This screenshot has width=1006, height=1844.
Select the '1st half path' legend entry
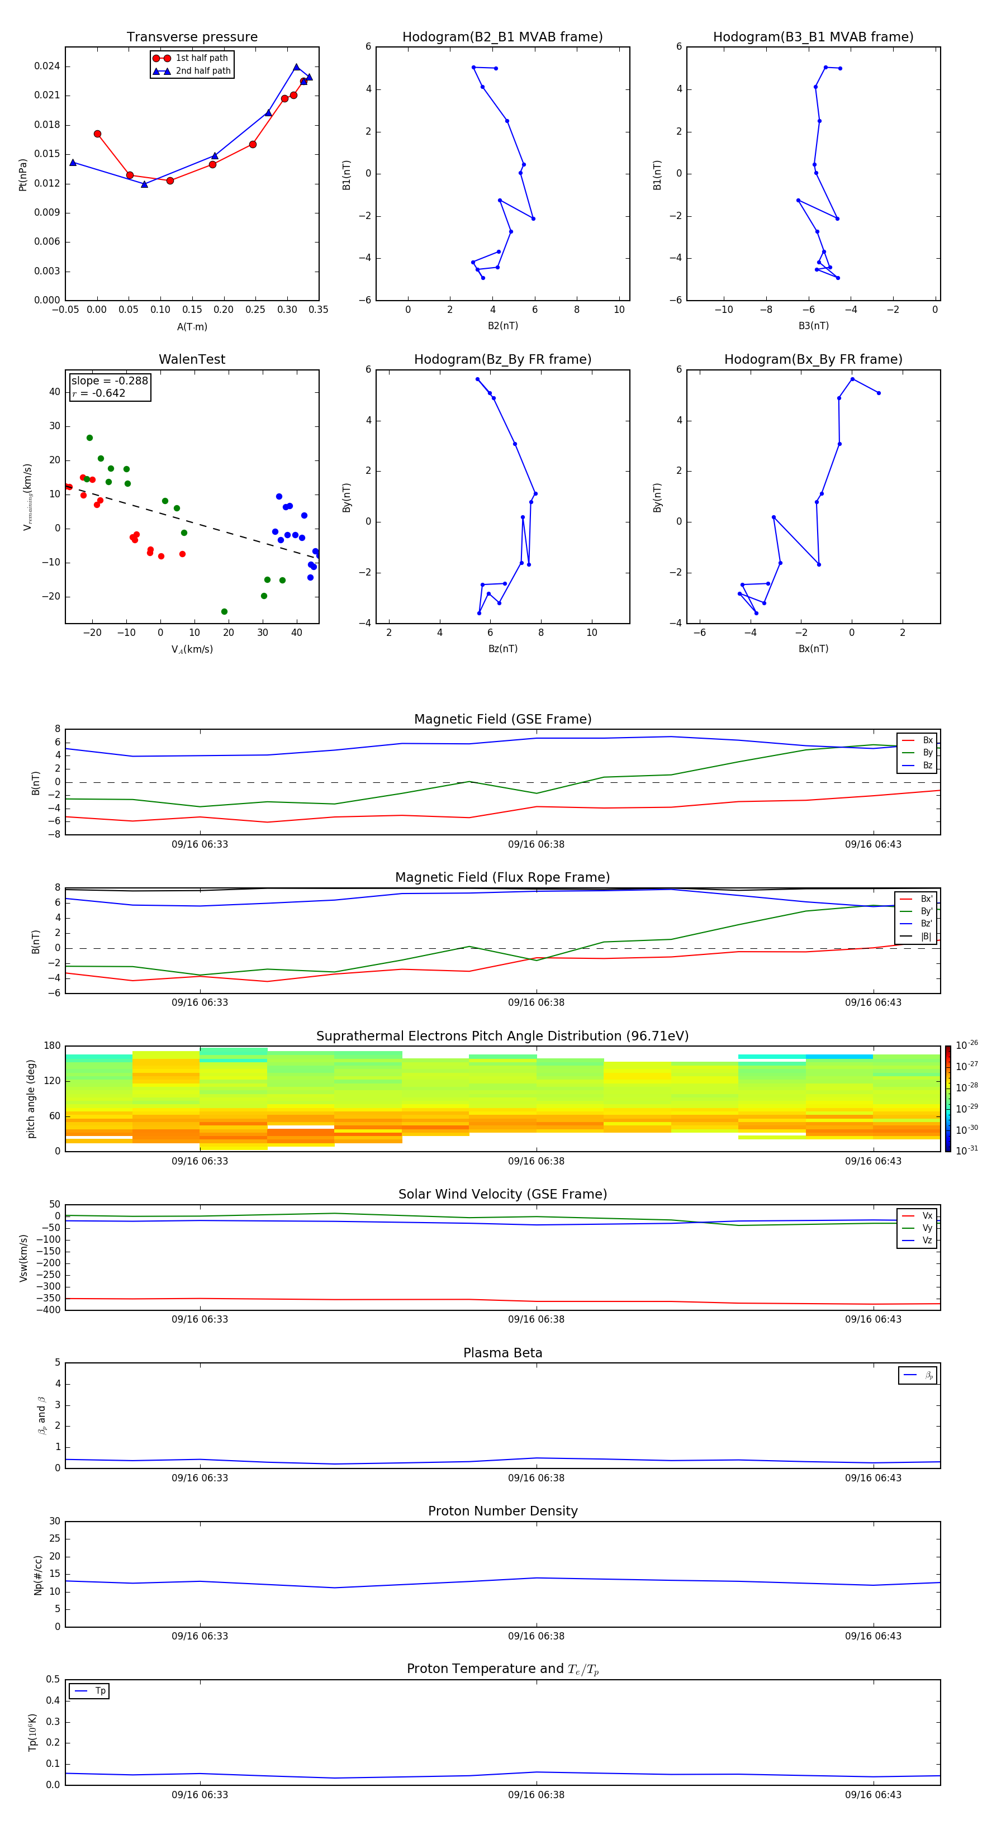point(201,58)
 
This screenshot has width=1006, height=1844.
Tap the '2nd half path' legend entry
point(203,71)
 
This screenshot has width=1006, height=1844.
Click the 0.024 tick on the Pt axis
point(48,66)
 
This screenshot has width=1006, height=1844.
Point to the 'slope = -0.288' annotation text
point(110,381)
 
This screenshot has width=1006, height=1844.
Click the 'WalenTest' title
point(192,359)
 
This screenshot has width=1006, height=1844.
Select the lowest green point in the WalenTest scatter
point(224,611)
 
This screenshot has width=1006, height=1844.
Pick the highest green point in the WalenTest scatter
point(89,438)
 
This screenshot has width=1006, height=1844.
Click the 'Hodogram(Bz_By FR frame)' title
point(502,359)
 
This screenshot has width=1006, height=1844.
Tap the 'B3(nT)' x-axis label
point(813,326)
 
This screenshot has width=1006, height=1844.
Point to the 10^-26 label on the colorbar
point(966,1045)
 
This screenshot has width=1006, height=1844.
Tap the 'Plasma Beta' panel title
point(502,1353)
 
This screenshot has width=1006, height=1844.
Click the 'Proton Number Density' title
point(502,1511)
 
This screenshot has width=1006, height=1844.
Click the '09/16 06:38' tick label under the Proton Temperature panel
point(537,1795)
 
